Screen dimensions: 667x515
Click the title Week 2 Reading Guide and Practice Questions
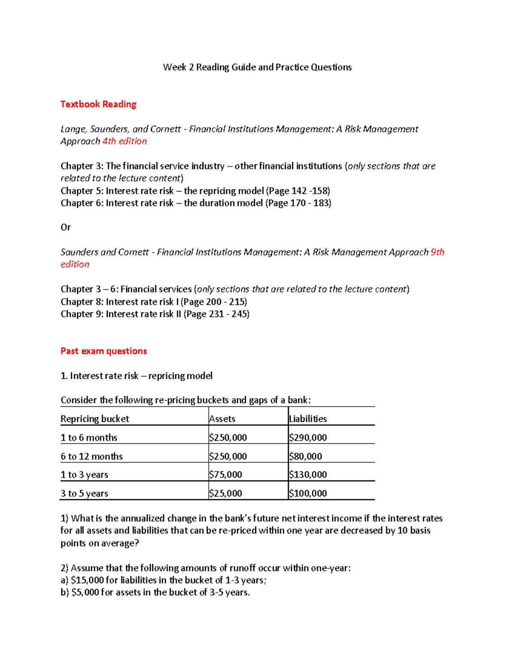click(x=257, y=67)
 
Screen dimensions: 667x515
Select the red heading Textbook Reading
click(x=98, y=104)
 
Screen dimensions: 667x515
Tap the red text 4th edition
click(x=124, y=141)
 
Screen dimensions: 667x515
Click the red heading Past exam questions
click(x=103, y=351)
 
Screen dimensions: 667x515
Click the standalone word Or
click(x=66, y=228)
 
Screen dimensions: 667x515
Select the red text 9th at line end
click(x=437, y=252)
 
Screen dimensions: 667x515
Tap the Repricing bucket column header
click(x=95, y=419)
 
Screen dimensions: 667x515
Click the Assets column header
click(x=222, y=419)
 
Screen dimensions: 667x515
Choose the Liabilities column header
click(x=308, y=419)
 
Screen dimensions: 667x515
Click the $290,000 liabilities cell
click(x=308, y=438)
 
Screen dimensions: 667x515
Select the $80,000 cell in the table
click(x=305, y=456)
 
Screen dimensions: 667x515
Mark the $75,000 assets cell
click(x=225, y=475)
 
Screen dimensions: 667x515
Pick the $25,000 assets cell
click(x=225, y=493)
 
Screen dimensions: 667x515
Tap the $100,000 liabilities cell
click(x=308, y=493)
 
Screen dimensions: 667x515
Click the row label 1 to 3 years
click(x=84, y=475)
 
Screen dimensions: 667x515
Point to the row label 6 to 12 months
click(x=91, y=456)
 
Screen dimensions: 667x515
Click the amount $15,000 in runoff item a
click(x=87, y=580)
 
